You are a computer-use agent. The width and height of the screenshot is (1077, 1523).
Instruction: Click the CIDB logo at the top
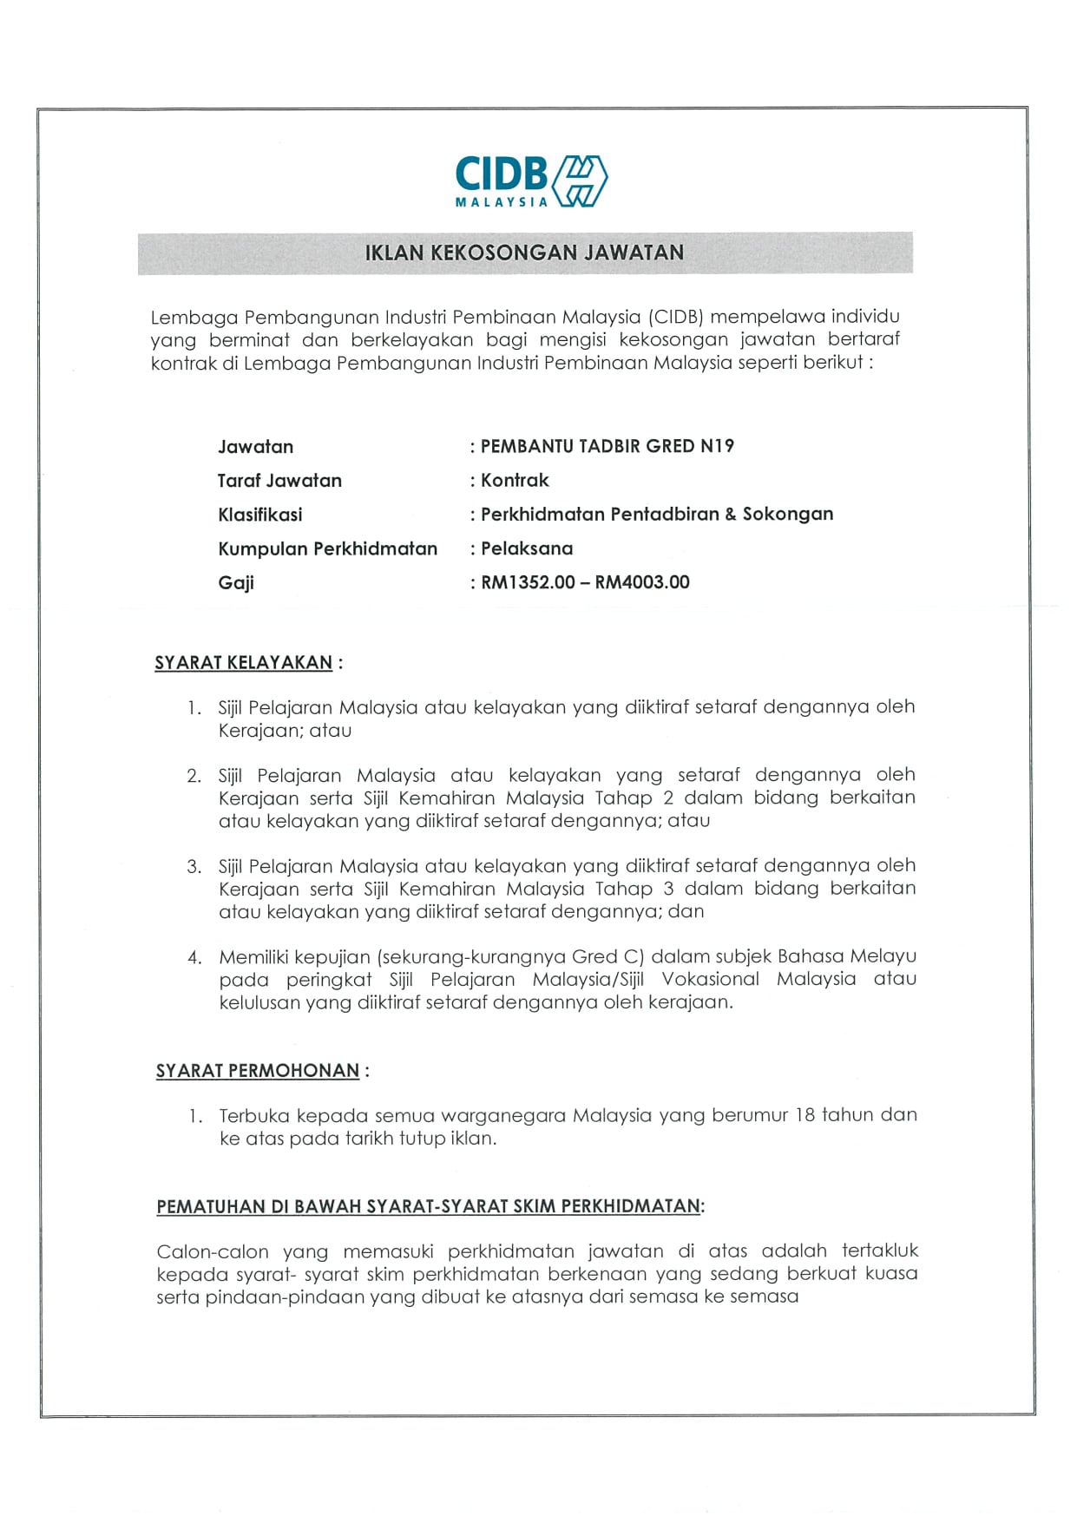530,180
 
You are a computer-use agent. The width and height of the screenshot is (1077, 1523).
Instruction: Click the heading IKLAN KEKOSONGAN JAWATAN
524,253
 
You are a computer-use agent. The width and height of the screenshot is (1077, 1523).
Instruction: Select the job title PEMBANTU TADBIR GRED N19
607,446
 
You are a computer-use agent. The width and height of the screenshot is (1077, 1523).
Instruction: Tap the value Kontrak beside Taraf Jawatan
515,480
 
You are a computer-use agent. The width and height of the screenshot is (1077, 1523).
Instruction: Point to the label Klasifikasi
260,515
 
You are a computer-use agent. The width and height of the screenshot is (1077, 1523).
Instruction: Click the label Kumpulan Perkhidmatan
327,548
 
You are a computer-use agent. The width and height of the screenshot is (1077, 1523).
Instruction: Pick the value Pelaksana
527,548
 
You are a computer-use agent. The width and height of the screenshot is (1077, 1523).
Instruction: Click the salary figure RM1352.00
528,582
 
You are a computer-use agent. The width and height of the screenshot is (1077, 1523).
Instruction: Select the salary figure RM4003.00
642,582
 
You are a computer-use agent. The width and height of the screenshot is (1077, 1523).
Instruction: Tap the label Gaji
235,582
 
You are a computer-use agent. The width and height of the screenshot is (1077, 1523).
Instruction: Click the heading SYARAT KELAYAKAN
243,663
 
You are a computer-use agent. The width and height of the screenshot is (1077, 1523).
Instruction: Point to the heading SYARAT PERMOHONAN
257,1071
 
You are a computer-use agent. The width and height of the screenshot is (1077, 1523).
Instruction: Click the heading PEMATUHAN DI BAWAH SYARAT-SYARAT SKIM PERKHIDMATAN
428,1206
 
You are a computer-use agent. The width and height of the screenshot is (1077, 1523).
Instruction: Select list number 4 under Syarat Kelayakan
194,957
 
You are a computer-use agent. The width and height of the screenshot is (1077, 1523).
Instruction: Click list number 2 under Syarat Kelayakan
194,776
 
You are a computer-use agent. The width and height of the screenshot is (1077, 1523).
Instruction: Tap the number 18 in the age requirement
804,1114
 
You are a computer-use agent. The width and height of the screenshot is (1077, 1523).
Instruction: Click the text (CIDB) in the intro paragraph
676,317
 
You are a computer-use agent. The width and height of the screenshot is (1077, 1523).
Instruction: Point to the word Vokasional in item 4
710,979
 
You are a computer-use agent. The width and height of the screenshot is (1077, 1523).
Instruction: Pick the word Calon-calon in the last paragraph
213,1251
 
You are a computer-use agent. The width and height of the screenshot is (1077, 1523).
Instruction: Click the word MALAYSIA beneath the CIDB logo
502,202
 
